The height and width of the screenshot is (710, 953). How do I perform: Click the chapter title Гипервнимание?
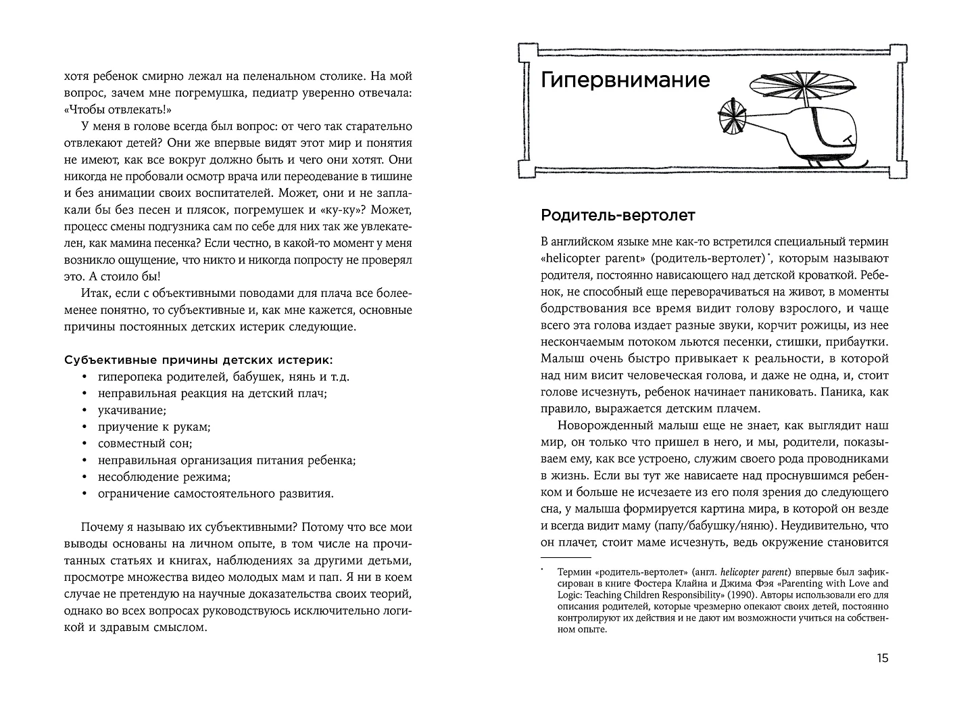625,80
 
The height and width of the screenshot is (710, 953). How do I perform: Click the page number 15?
882,659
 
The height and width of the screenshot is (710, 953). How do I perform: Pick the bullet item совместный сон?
145,444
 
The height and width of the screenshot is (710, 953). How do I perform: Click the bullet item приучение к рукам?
153,427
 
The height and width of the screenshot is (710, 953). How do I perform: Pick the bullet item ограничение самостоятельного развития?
215,494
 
